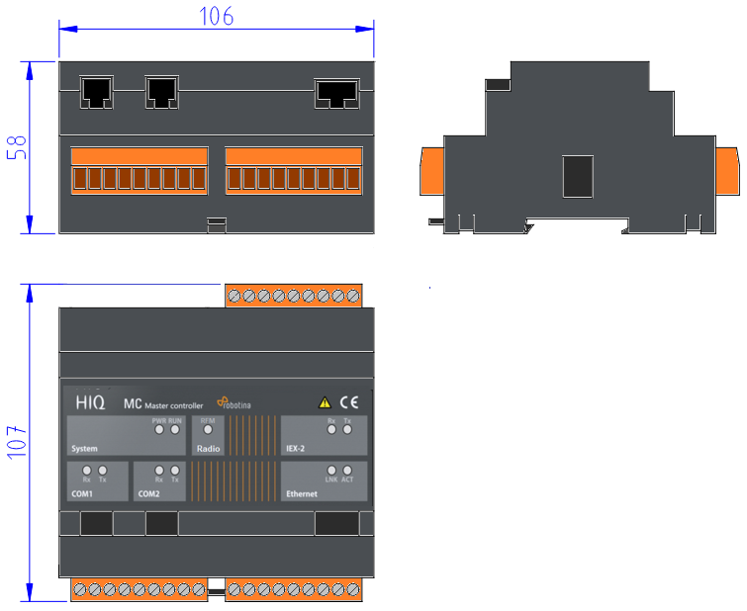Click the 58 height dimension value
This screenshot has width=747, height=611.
(17, 147)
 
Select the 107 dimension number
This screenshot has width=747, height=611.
(17, 442)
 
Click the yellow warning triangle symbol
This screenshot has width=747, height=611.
(325, 402)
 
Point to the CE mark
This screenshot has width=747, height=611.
(348, 402)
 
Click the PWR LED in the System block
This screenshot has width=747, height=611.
(158, 430)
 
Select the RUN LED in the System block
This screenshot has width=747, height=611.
(175, 430)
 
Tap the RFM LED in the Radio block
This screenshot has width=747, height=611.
(208, 430)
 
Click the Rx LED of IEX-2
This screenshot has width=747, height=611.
(331, 430)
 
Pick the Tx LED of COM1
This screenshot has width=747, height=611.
(102, 471)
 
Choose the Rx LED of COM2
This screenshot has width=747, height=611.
(158, 471)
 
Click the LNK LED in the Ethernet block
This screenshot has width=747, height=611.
(331, 471)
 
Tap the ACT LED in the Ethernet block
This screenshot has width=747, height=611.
(347, 471)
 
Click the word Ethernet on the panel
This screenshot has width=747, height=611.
(302, 492)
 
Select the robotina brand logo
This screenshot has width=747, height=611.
(235, 403)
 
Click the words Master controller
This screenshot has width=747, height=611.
(173, 405)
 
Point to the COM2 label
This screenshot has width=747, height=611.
(149, 492)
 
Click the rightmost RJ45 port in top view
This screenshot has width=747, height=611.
(336, 93)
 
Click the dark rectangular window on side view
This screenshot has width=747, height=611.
(577, 176)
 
